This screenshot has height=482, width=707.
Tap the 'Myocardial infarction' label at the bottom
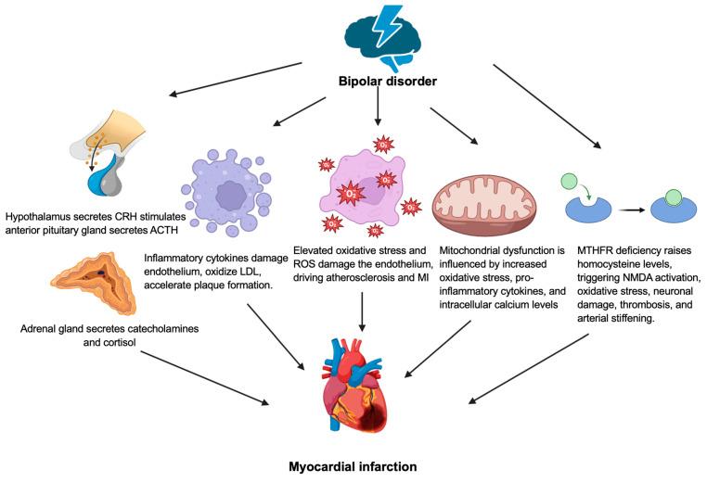353,464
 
